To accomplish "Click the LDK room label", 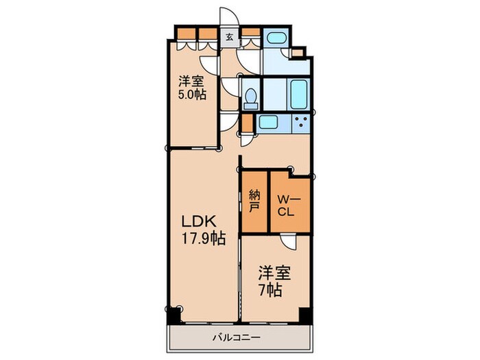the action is (x=199, y=221).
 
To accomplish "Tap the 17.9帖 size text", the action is (x=204, y=238).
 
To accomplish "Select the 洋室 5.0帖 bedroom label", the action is (x=192, y=88).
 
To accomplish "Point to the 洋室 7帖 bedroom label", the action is (x=274, y=282).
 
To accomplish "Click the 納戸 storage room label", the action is (x=254, y=201).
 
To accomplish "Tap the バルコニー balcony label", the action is (x=237, y=337).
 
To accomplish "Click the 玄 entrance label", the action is (x=230, y=37).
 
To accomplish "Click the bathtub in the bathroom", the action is (x=298, y=95).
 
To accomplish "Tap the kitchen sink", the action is (x=269, y=122).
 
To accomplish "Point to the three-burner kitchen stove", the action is (x=301, y=122).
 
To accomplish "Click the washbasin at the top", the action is (x=276, y=38).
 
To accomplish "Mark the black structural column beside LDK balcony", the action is (x=174, y=315).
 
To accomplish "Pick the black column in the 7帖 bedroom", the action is (x=305, y=315).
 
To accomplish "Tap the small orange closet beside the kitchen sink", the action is (x=247, y=123).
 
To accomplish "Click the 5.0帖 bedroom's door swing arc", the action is (x=209, y=64).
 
